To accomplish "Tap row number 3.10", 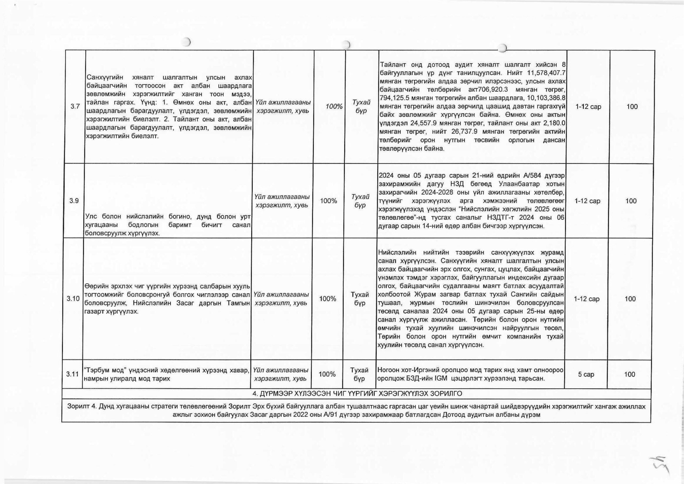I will (73, 299).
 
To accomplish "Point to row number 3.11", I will (72, 374).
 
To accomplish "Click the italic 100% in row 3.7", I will (334, 106).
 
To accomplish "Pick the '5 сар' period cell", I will (586, 374).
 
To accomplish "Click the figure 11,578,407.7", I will (545, 73).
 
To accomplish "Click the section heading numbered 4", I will (357, 394).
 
